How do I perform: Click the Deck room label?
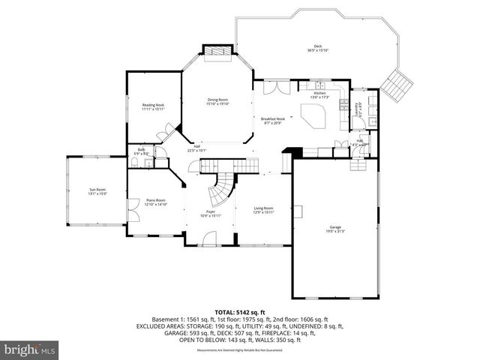click(318, 49)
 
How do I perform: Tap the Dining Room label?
click(217, 102)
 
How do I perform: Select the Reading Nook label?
click(152, 107)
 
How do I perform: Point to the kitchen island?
click(312, 116)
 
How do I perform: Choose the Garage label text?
click(334, 228)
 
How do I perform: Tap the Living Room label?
click(262, 210)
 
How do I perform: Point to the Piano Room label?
click(155, 202)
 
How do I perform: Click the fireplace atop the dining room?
click(217, 51)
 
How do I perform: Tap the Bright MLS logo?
click(30, 349)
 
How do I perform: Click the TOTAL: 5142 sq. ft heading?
click(240, 312)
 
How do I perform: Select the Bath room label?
click(141, 152)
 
